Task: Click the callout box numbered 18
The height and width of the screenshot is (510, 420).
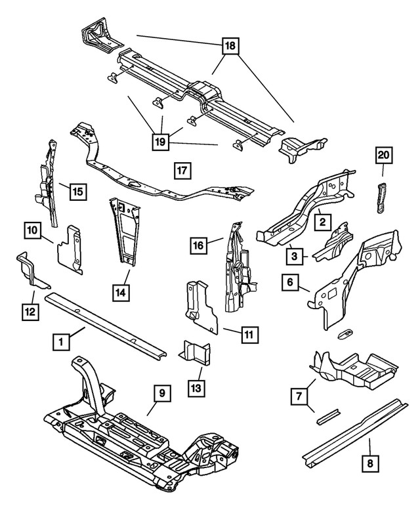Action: pyautogui.click(x=230, y=45)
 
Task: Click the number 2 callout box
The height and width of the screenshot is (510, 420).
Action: pyautogui.click(x=323, y=223)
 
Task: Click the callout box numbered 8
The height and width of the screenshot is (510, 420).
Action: pyautogui.click(x=371, y=464)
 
